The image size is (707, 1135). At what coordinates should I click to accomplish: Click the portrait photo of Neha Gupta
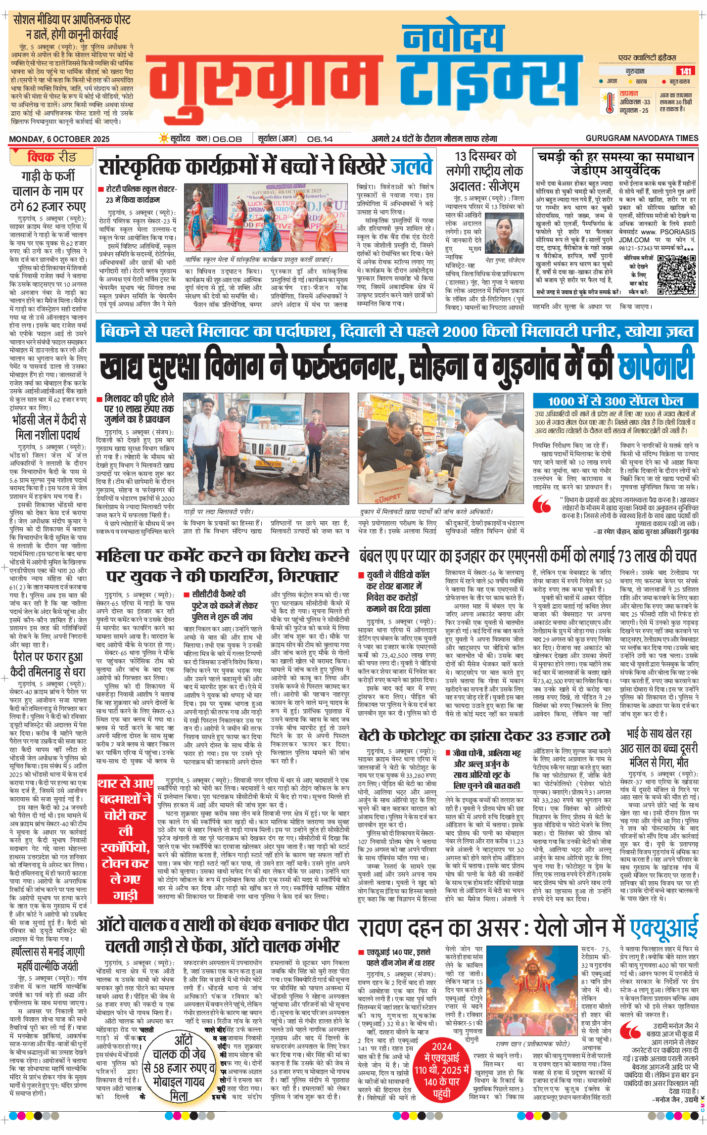coord(504,235)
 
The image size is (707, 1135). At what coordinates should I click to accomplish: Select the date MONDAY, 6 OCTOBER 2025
coord(59,139)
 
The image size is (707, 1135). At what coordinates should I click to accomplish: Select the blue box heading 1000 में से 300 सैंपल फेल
coord(615,401)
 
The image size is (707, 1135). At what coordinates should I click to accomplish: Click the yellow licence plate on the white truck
coord(269,464)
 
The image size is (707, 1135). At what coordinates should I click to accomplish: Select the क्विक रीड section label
coord(51,157)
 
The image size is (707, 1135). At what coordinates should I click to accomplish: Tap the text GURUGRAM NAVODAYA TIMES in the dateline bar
coord(642,138)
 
